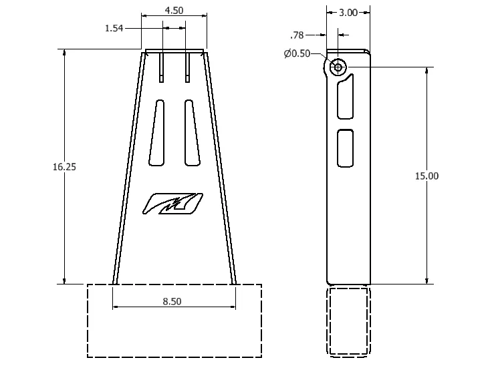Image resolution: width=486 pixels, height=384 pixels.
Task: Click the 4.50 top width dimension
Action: [174, 11]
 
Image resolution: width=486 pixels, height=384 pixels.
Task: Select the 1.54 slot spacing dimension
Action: [115, 28]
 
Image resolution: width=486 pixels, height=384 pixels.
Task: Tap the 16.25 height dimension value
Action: [64, 167]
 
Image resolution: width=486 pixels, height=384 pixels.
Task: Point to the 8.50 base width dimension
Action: [172, 301]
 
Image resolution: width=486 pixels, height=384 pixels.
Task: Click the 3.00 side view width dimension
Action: [348, 12]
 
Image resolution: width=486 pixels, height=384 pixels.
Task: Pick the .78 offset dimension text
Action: [297, 35]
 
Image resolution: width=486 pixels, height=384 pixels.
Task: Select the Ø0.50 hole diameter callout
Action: [297, 54]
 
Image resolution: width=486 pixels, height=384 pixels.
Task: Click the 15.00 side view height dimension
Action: [427, 176]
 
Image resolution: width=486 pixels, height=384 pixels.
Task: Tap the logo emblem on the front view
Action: [172, 204]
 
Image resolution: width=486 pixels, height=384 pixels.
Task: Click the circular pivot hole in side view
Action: [338, 67]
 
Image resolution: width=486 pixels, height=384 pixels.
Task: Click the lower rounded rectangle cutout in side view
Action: [346, 148]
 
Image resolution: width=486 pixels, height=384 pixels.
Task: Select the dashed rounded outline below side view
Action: [348, 321]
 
